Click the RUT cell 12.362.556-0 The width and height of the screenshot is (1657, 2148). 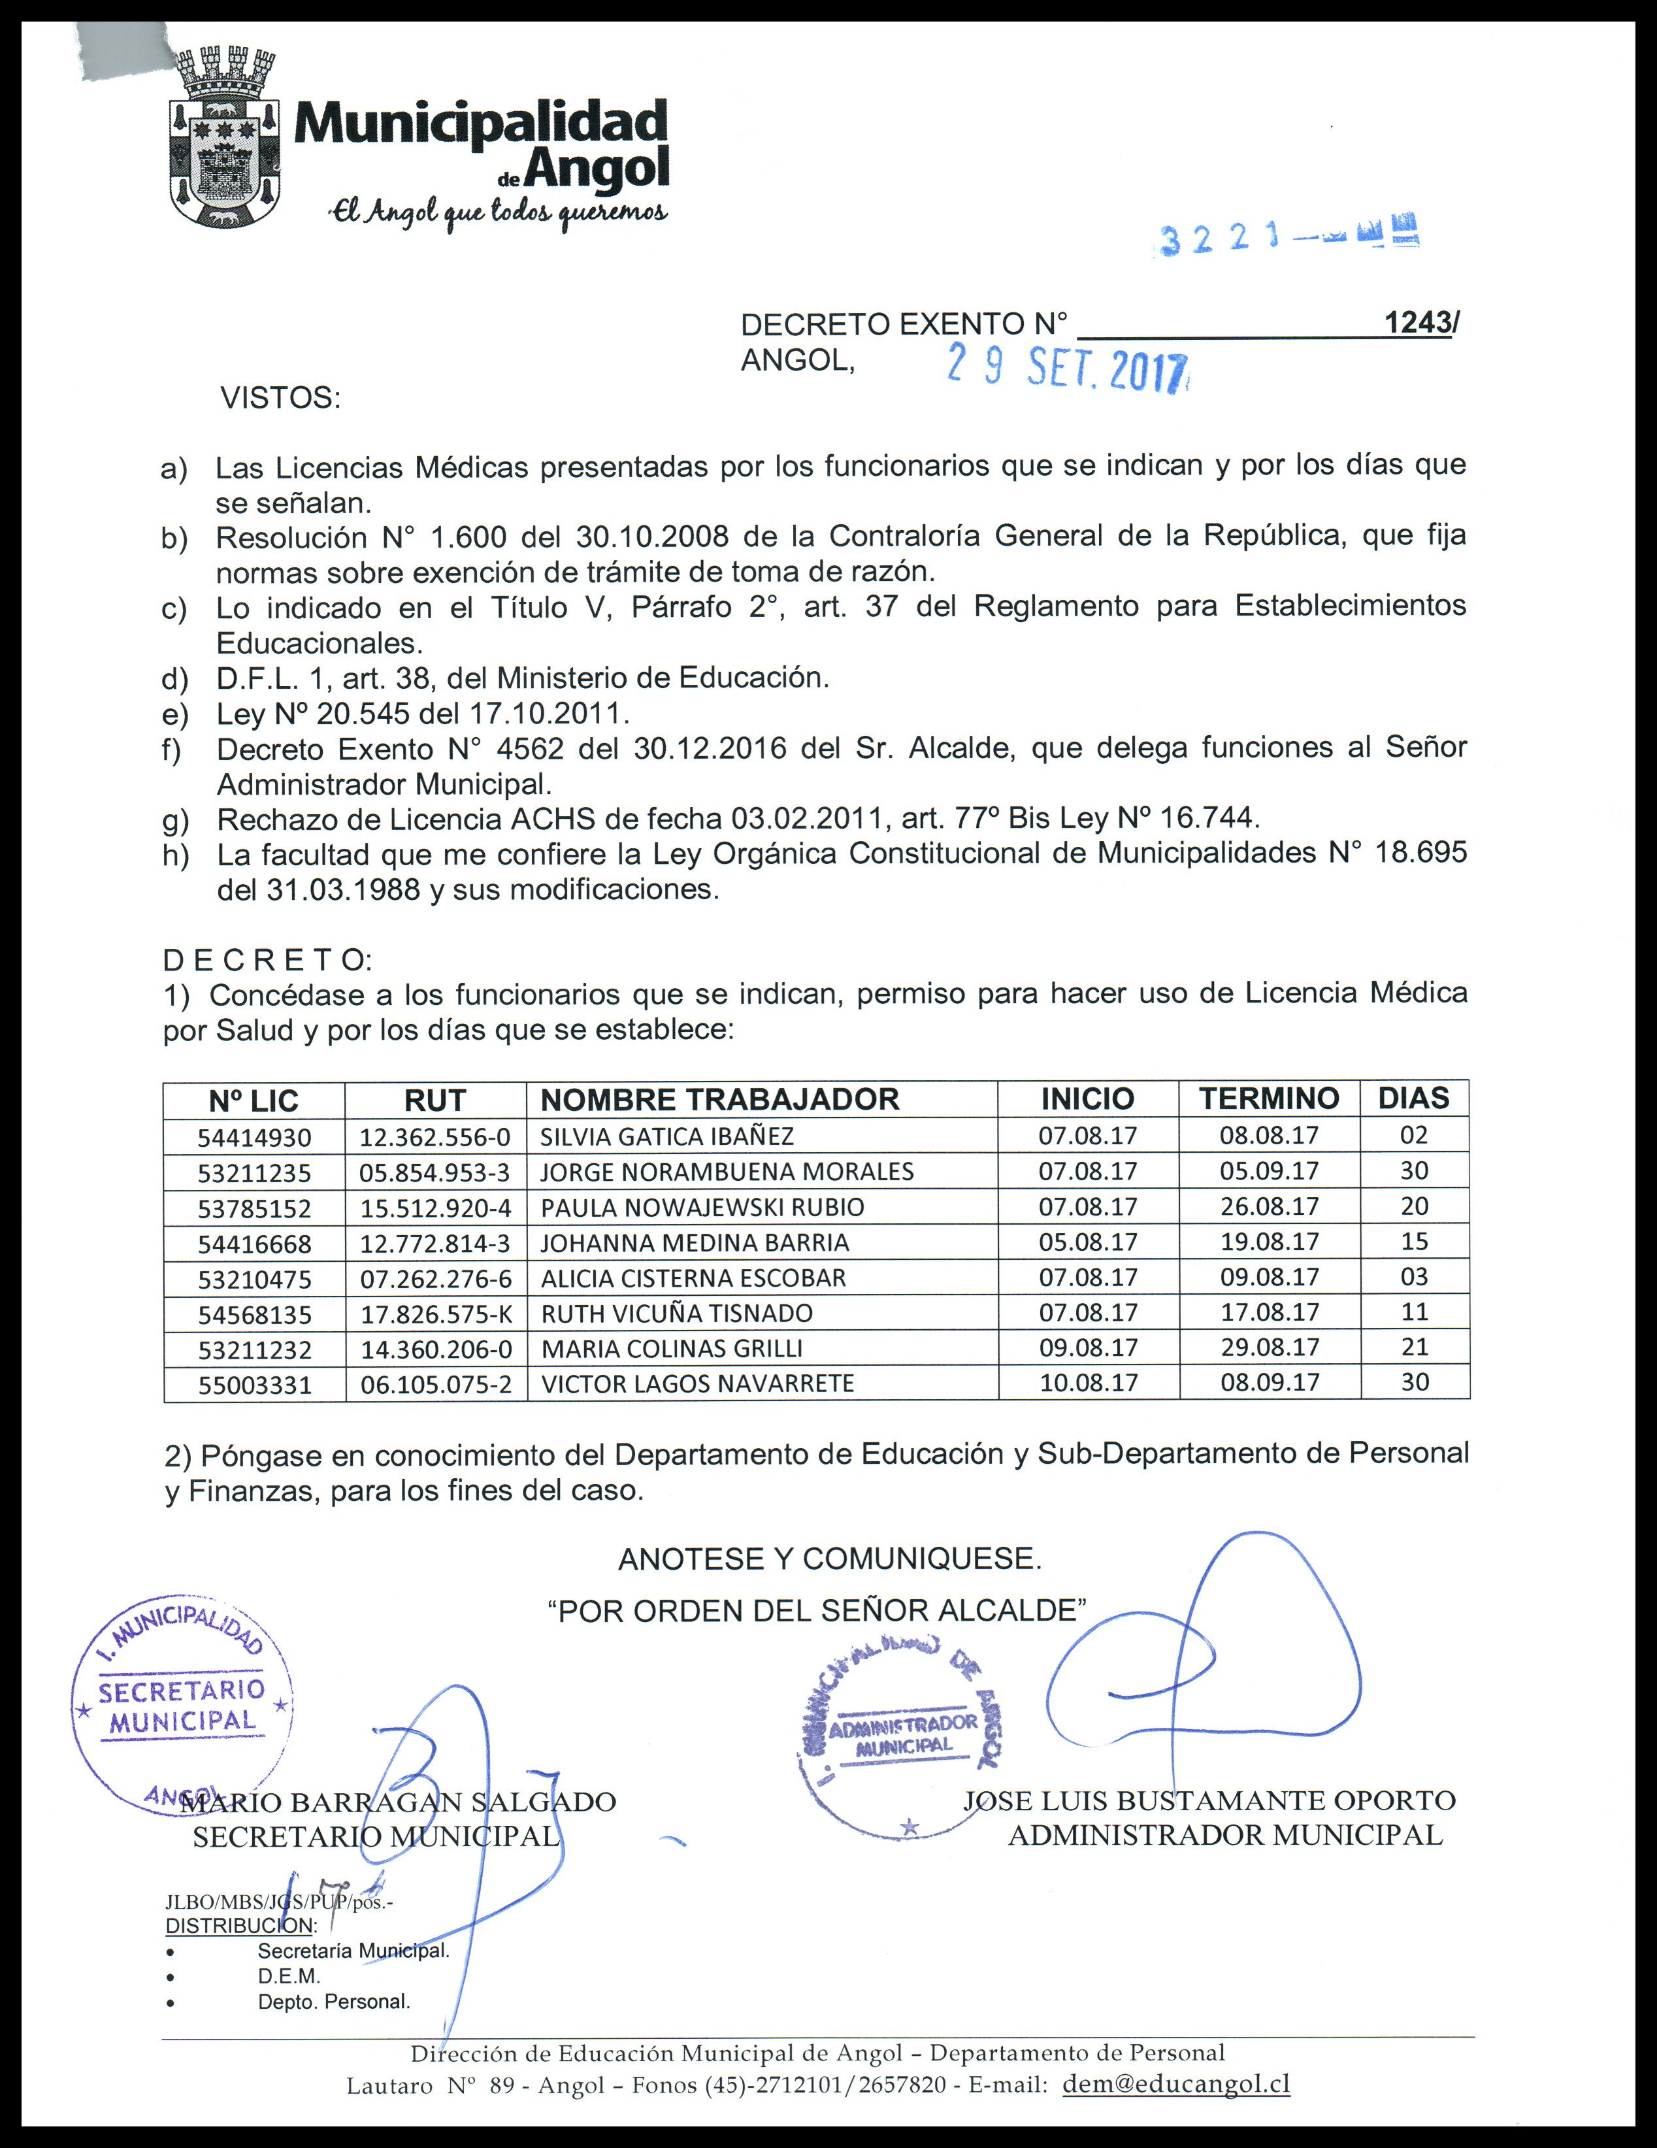pyautogui.click(x=435, y=1137)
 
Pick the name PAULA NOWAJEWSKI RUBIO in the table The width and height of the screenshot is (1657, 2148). pyautogui.click(x=702, y=1207)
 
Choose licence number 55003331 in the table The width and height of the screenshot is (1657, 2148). pyautogui.click(x=255, y=1385)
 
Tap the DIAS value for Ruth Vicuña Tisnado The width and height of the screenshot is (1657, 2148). pyautogui.click(x=1414, y=1312)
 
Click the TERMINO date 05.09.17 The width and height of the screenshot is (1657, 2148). pyautogui.click(x=1269, y=1171)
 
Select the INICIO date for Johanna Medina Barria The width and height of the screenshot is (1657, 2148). pyautogui.click(x=1088, y=1242)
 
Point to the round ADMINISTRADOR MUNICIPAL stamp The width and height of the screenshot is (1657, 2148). pyautogui.click(x=903, y=1736)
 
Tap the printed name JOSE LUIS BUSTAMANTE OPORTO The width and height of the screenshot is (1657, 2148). pyautogui.click(x=1209, y=1800)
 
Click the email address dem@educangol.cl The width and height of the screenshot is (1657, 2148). pyautogui.click(x=1176, y=2084)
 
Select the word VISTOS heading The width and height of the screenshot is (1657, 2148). pyautogui.click(x=280, y=399)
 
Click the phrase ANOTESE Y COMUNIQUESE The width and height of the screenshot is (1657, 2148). pyautogui.click(x=829, y=1559)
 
